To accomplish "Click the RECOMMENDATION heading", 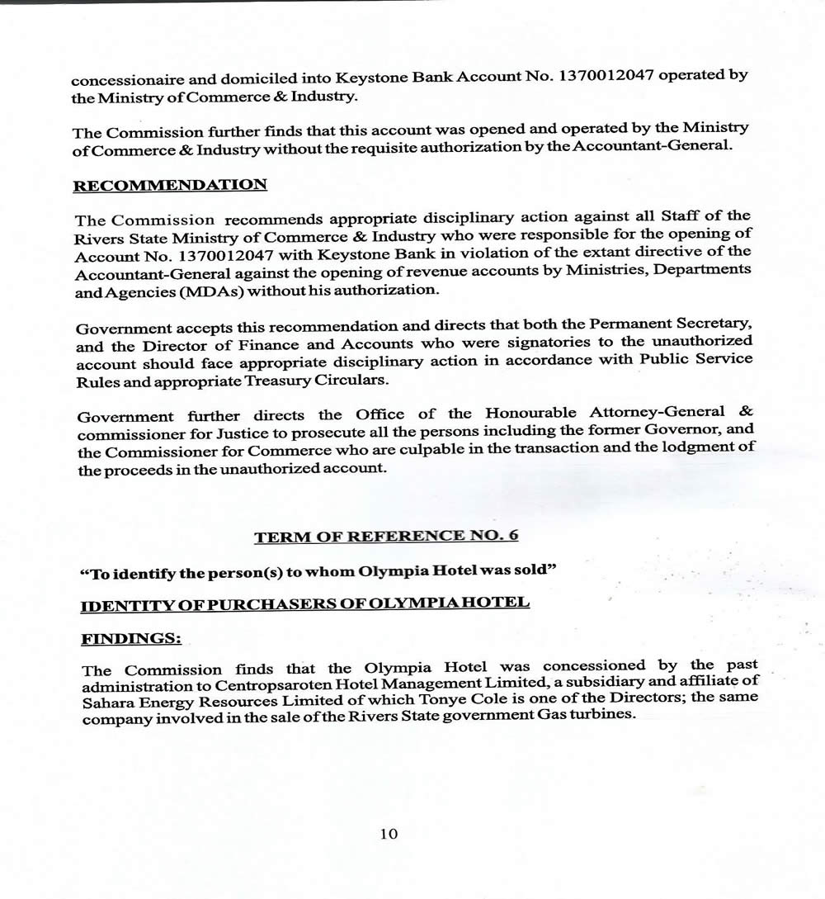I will point(170,185).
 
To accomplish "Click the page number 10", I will point(389,834).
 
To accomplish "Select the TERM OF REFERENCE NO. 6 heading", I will point(386,537).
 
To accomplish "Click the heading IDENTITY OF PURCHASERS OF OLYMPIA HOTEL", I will point(304,604).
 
